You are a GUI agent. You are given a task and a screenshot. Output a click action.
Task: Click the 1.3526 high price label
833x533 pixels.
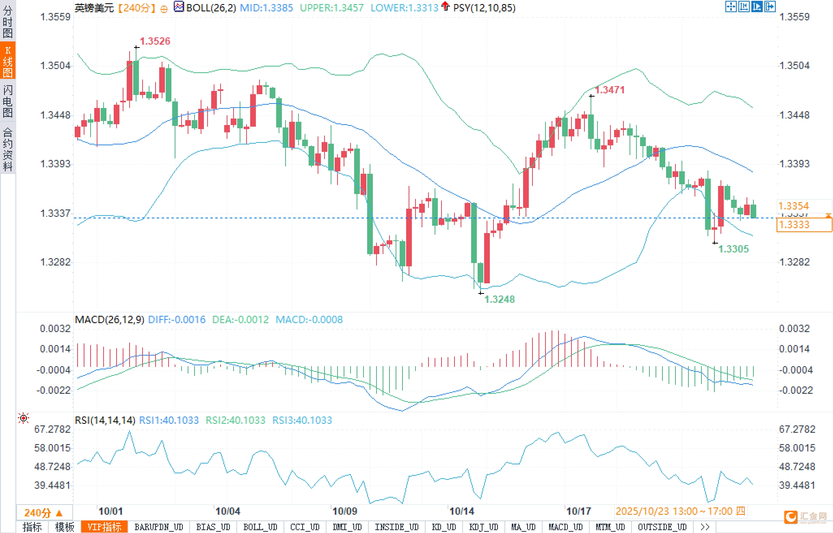pyautogui.click(x=155, y=41)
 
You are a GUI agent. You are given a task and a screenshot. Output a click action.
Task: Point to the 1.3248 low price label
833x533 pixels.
pyautogui.click(x=500, y=299)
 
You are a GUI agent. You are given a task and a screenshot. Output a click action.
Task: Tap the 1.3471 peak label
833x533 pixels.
pyautogui.click(x=610, y=90)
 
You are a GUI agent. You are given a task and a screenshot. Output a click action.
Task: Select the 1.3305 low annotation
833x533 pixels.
pyautogui.click(x=733, y=249)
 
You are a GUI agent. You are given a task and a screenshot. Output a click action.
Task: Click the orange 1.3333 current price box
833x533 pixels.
pyautogui.click(x=804, y=224)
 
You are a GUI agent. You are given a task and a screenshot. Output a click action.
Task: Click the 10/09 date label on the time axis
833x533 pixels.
pyautogui.click(x=344, y=511)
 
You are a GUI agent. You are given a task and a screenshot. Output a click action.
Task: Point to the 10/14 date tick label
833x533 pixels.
pyautogui.click(x=461, y=511)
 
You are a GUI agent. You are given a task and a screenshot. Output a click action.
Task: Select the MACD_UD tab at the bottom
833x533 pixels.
pyautogui.click(x=565, y=527)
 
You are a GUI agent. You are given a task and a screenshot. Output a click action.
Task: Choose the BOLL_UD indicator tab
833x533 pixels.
pyautogui.click(x=260, y=527)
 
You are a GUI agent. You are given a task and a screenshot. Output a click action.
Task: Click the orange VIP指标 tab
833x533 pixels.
pyautogui.click(x=104, y=527)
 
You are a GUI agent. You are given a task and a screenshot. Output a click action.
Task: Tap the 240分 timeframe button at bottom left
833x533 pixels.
pyautogui.click(x=43, y=513)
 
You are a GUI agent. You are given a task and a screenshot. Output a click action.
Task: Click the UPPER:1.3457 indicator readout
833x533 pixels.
pyautogui.click(x=331, y=8)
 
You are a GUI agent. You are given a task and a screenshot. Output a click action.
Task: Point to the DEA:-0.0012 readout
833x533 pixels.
pyautogui.click(x=240, y=319)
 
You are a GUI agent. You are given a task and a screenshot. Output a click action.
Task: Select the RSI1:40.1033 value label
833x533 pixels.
pyautogui.click(x=169, y=420)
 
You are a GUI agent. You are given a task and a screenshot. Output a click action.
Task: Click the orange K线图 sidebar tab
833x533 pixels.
pyautogui.click(x=8, y=61)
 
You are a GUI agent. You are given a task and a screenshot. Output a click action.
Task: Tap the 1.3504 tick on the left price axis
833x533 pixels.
pyautogui.click(x=55, y=65)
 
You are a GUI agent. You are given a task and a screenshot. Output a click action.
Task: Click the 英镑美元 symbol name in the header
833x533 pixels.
pyautogui.click(x=94, y=8)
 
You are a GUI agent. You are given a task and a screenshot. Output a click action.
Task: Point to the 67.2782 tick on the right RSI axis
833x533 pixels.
pyautogui.click(x=797, y=429)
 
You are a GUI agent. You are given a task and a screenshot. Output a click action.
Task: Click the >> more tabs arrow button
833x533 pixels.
pyautogui.click(x=705, y=527)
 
